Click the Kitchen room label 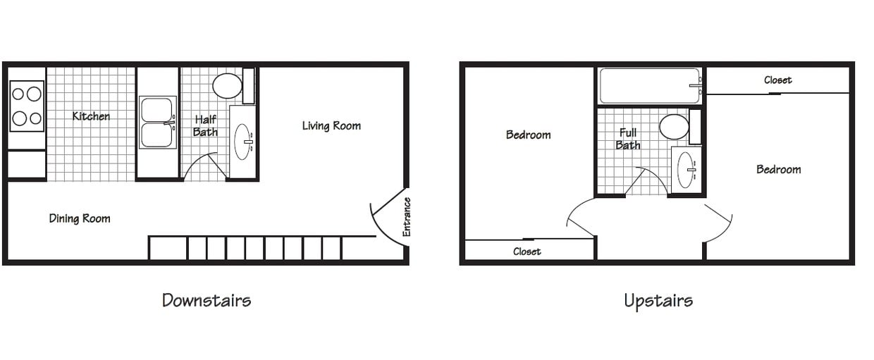coord(91,116)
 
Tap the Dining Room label coord(80,218)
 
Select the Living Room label coord(331,126)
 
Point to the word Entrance coord(407,216)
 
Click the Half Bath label coord(205,126)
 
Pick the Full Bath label coord(627,139)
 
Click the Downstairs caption coord(207,300)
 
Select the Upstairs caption coord(658,301)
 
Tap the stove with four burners coord(27,106)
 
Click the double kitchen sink coord(157,122)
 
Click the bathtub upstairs coord(649,86)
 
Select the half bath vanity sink coord(242,142)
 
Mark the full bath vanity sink coord(686,170)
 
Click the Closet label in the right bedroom coord(777,80)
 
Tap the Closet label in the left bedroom coord(527,252)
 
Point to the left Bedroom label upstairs coord(528,135)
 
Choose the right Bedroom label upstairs coord(778,169)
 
